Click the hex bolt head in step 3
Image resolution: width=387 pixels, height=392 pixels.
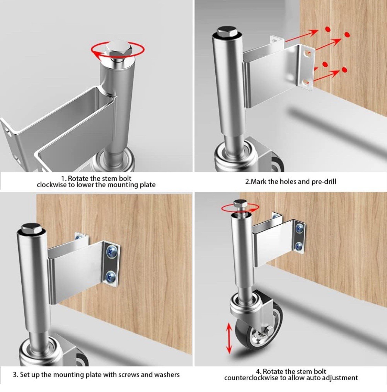pos(30,228)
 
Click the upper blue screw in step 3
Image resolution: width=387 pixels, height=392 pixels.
pos(111,251)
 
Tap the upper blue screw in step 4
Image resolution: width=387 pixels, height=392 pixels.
pos(299,227)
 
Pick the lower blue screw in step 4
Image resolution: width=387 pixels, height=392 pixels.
pos(299,246)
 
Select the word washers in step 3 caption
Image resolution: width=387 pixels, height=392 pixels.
pos(167,374)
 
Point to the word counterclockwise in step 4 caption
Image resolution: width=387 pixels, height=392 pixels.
pos(251,378)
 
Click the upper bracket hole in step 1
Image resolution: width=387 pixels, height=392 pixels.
pos(8,131)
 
